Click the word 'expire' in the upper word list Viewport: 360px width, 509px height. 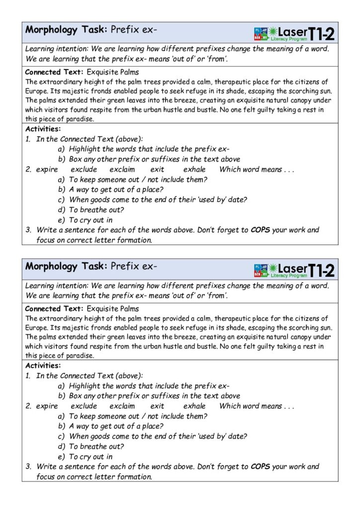click(x=47, y=170)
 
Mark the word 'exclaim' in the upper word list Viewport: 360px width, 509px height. click(x=122, y=170)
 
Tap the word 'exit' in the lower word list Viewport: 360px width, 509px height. click(x=157, y=406)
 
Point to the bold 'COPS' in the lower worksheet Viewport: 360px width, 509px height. click(x=261, y=467)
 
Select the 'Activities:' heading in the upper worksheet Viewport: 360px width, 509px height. click(x=42, y=129)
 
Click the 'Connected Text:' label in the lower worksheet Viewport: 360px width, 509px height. click(x=54, y=309)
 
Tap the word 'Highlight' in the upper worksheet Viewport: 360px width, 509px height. click(x=85, y=149)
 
